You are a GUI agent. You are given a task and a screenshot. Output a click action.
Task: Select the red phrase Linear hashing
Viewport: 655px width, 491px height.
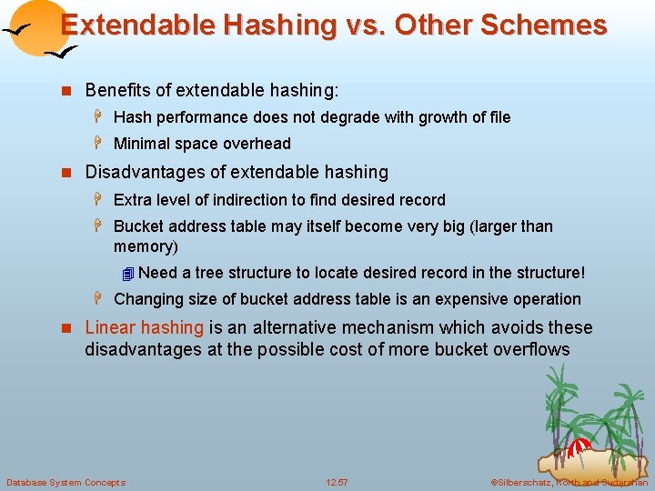click(144, 327)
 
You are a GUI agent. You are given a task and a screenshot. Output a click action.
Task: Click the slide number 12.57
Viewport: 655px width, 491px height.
click(337, 482)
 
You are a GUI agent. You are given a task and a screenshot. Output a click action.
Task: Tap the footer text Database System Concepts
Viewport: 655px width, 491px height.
click(65, 482)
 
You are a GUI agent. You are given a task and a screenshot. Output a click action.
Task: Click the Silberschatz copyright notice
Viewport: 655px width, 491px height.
click(568, 482)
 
